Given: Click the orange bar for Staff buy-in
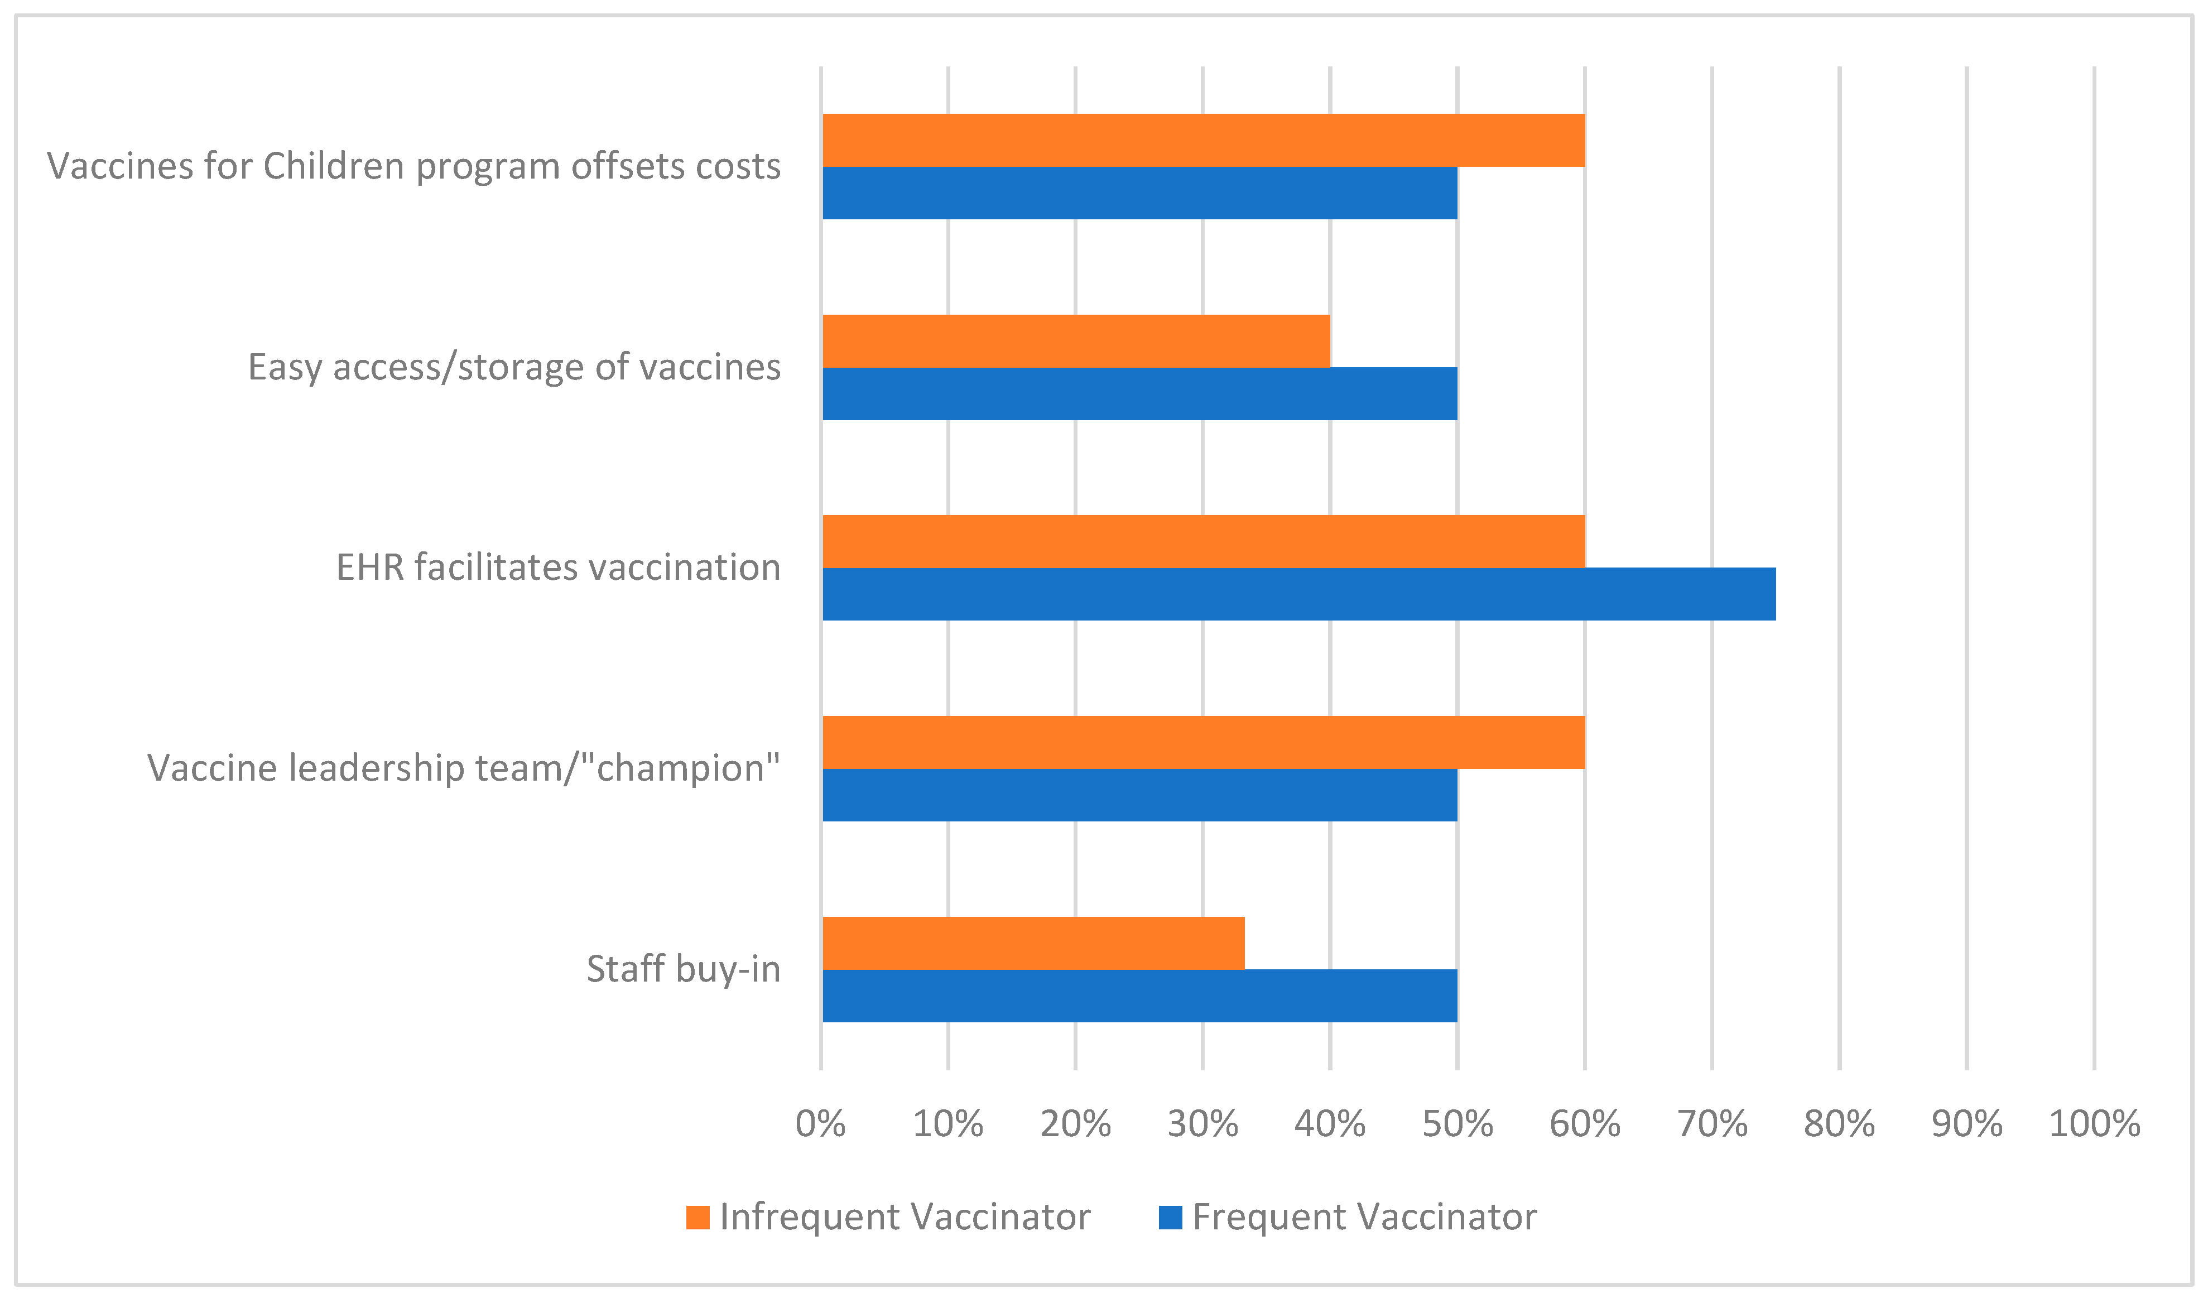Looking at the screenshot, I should [1033, 943].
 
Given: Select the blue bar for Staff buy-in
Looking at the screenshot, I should [1139, 996].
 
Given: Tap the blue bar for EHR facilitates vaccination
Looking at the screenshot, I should [1298, 594].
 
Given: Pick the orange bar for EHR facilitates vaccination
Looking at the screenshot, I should [1204, 542].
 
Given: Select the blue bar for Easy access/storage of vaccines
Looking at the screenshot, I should [1139, 393].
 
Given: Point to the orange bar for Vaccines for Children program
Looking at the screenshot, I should [1204, 141].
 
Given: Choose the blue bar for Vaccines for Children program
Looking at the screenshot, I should [1139, 193].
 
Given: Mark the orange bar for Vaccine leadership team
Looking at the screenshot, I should [1204, 743].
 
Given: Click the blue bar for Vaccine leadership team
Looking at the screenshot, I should [1139, 796].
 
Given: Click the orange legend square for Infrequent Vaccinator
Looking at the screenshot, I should [698, 1218].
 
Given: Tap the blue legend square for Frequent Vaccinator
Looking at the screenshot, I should [1170, 1218].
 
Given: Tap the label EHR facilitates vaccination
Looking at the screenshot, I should [559, 568].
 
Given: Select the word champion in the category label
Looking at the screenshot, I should [682, 769].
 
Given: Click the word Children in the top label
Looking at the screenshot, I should [334, 166].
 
